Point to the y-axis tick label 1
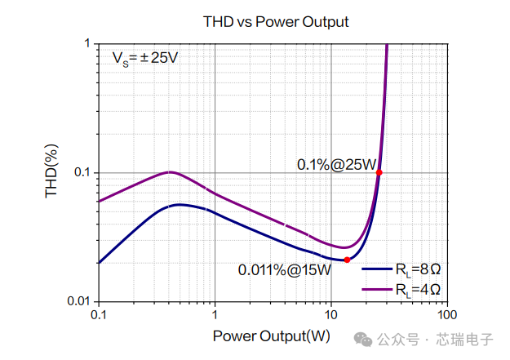[87, 43]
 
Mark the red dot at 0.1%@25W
[379, 172]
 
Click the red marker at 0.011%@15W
[347, 260]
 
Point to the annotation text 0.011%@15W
[284, 270]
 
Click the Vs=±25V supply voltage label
[145, 59]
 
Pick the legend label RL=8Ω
[418, 269]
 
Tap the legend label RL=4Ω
[418, 289]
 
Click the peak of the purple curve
[169, 172]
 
